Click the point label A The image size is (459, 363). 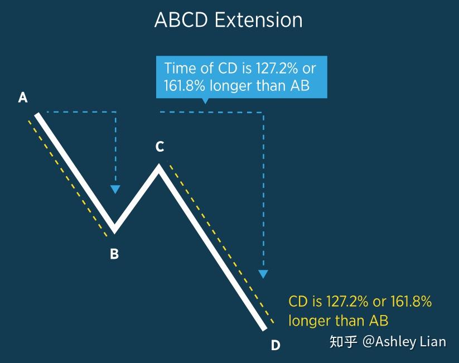pos(23,98)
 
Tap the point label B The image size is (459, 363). pos(114,254)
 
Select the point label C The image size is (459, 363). pos(160,147)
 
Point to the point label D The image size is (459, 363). pos(275,346)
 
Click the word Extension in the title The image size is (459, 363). pos(258,20)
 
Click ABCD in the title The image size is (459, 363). pos(182,20)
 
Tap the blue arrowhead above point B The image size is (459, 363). pos(115,189)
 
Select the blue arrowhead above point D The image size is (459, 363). pos(263,274)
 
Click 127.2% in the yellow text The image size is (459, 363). pos(347,302)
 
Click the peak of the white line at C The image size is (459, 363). pos(159,167)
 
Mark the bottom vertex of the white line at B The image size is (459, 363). pos(114,229)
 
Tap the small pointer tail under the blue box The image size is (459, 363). pos(205,101)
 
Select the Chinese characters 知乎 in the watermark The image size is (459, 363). pos(343,341)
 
